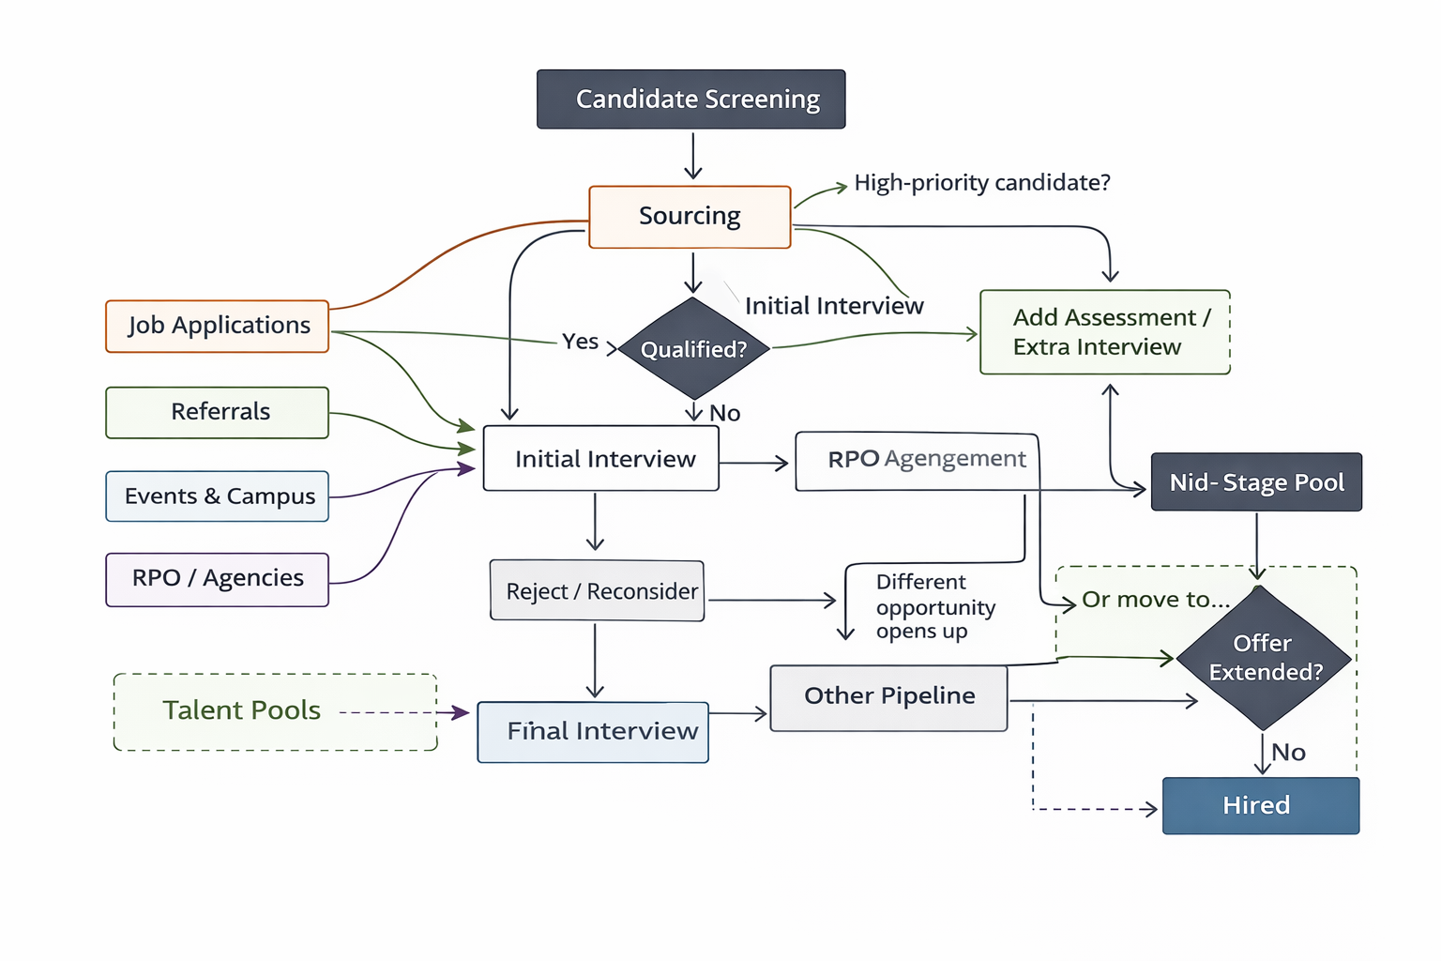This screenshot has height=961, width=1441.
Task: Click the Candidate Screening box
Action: pyautogui.click(x=690, y=99)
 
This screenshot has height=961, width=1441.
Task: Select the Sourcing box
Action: pyautogui.click(x=690, y=217)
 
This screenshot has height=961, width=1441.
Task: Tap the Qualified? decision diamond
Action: pyautogui.click(x=693, y=349)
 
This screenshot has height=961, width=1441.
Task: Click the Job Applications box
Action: pyautogui.click(x=218, y=326)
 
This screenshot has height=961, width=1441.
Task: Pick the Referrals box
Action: pyautogui.click(x=218, y=412)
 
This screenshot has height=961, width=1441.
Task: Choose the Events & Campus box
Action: pyautogui.click(x=218, y=496)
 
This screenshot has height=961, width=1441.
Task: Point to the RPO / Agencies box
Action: pyautogui.click(x=218, y=579)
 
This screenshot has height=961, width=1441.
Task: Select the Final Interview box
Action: pyautogui.click(x=593, y=732)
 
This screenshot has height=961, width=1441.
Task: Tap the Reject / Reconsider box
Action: pyautogui.click(x=598, y=591)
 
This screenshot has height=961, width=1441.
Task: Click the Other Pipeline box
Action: pyautogui.click(x=888, y=697)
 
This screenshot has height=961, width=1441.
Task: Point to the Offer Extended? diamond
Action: pyautogui.click(x=1264, y=658)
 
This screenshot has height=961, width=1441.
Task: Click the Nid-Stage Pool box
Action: pyautogui.click(x=1256, y=482)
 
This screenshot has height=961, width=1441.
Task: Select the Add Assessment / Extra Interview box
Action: pyautogui.click(x=1104, y=332)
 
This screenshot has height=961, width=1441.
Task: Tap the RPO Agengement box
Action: pyautogui.click(x=918, y=460)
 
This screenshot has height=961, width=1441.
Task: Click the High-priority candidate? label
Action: pyautogui.click(x=981, y=183)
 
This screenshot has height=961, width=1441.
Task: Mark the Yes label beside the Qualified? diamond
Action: pyautogui.click(x=580, y=342)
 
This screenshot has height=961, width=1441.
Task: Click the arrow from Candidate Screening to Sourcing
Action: pyautogui.click(x=693, y=155)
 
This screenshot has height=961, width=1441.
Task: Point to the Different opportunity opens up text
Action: pyautogui.click(x=934, y=607)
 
